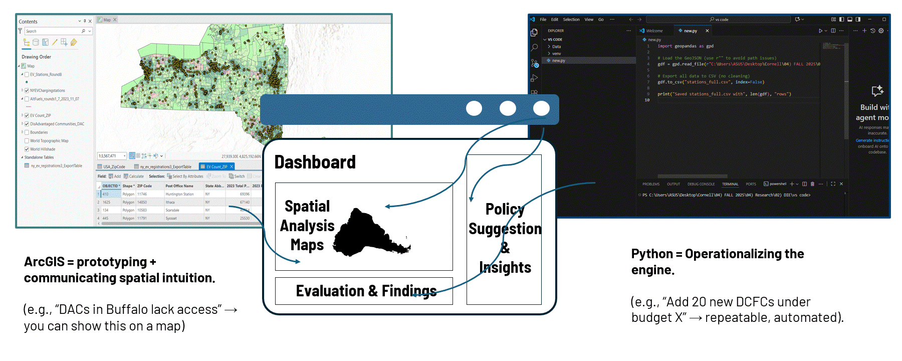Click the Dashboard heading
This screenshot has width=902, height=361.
click(315, 162)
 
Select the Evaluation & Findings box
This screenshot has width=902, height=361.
click(364, 291)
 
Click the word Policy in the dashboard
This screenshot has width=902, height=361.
click(504, 209)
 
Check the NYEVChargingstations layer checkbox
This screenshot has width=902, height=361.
click(27, 91)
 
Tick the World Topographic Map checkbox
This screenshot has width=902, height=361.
click(27, 141)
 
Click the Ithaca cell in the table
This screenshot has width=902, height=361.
click(170, 203)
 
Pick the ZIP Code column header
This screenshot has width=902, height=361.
click(144, 186)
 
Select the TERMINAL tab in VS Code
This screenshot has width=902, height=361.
click(730, 184)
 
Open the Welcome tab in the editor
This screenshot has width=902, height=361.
click(654, 31)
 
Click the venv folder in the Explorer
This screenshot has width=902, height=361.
click(556, 54)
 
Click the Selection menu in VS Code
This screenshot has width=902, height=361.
click(571, 20)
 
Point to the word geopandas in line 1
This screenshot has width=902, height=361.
click(686, 46)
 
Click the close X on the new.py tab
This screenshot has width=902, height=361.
click(707, 31)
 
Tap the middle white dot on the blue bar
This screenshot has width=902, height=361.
click(508, 108)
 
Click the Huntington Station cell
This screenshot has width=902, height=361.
click(179, 194)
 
